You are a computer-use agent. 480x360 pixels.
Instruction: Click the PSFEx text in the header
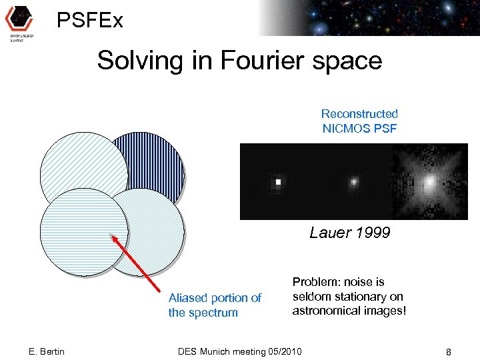tap(89, 21)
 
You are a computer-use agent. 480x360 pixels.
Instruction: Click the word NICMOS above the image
tap(350, 128)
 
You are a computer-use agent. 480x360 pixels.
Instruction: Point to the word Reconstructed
tap(359, 114)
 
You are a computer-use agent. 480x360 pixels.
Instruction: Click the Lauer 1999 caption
tap(349, 233)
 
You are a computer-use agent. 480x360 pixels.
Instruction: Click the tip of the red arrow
tap(112, 235)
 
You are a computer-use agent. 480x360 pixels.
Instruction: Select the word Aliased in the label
tap(188, 298)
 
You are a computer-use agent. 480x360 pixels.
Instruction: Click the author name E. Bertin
tap(47, 351)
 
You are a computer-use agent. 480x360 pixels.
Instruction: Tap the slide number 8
tap(449, 351)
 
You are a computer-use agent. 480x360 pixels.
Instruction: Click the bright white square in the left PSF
tap(279, 181)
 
